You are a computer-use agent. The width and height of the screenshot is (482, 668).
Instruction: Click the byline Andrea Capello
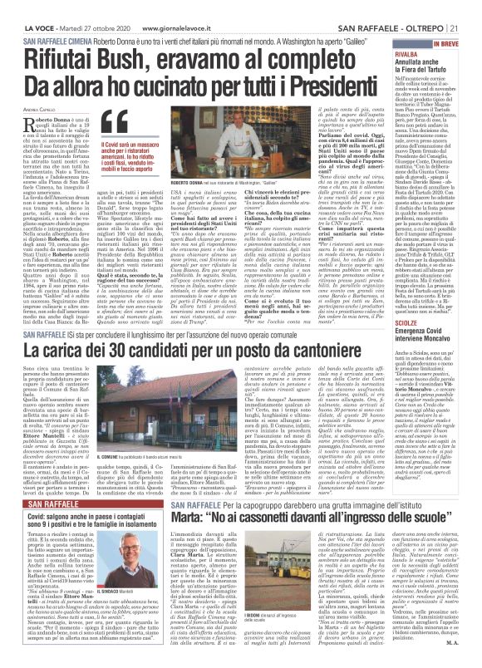click(x=39, y=107)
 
